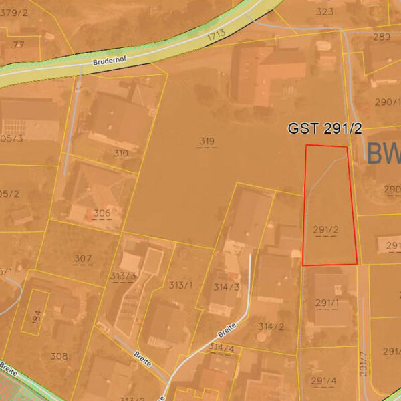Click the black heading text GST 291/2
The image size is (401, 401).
pos(325,128)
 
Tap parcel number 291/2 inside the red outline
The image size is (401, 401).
pos(325,229)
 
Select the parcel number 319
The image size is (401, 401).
pos(207,140)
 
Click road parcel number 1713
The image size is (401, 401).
pos(216,33)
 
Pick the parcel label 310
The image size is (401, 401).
pos(120,153)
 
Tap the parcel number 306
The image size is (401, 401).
pos(102,213)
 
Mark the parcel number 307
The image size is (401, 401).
pos(82,258)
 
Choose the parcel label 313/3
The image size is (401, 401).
pos(124,277)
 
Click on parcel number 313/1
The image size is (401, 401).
pos(180,285)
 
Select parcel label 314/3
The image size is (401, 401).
pos(226,287)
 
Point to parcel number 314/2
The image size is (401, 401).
pos(271,327)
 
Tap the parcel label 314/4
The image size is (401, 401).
pos(221,348)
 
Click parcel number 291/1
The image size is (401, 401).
pos(327,303)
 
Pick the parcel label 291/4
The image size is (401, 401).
pos(323,380)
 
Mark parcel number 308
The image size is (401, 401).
pos(59,356)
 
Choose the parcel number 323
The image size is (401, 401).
pos(325,11)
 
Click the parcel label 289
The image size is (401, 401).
pos(381,37)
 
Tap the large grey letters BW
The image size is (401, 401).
pos(384,154)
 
